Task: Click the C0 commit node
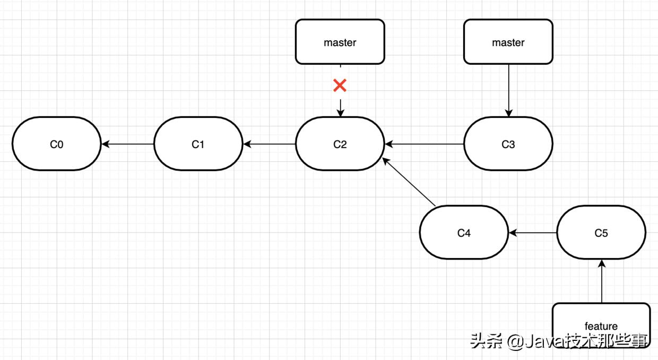56,144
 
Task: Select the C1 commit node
198,144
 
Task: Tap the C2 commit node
340,144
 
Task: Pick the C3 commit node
508,144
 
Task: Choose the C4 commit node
464,233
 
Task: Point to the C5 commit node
601,233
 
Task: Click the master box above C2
340,42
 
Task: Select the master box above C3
508,42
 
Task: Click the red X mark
340,85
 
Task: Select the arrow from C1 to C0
127,144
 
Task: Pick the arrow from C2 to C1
269,144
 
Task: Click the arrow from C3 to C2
425,144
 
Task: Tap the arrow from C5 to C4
533,233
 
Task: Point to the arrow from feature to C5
601,281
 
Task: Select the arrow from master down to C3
508,90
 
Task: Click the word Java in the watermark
538,341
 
